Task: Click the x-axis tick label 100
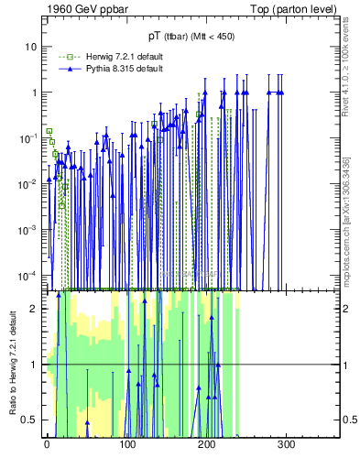(126, 445)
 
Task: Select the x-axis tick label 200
(206, 445)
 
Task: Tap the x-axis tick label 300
(286, 445)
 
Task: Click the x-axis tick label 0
(47, 445)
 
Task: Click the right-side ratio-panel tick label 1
(345, 365)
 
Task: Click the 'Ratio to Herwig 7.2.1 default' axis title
(11, 364)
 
